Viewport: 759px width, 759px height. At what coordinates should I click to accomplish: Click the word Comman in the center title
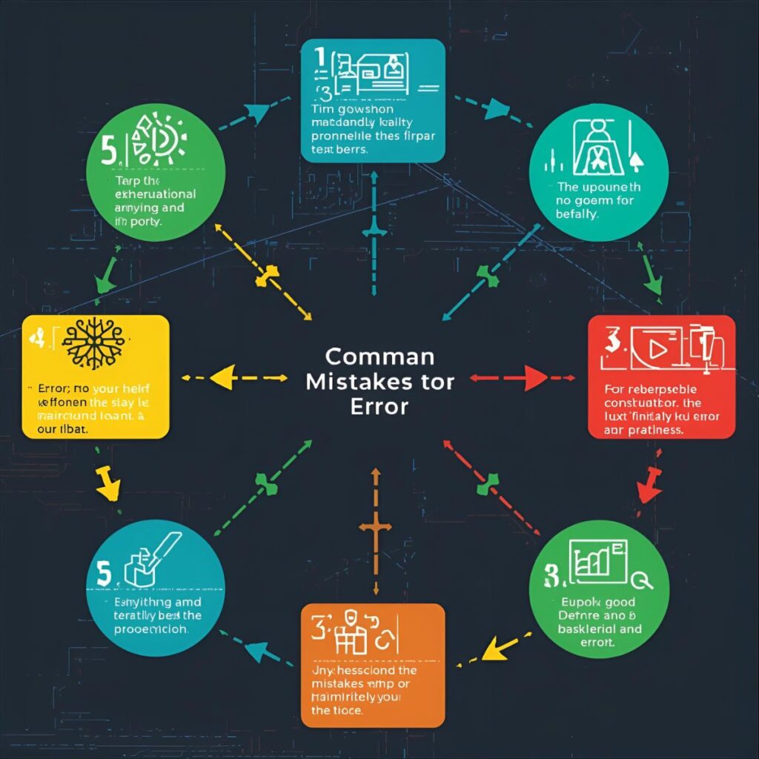379,357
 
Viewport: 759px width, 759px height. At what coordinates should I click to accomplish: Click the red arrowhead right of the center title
536,377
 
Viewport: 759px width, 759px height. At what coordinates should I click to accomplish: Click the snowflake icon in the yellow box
93,345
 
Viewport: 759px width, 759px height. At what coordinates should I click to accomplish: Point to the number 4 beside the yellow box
34,340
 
